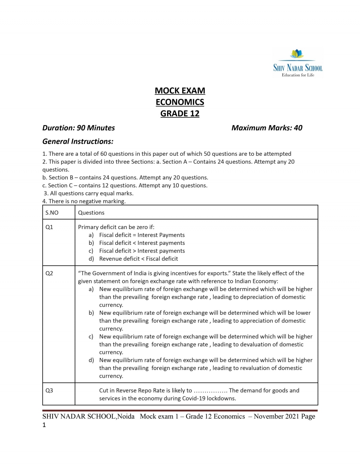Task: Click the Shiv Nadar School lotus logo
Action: pyautogui.click(x=297, y=54)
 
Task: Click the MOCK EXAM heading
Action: pyautogui.click(x=180, y=91)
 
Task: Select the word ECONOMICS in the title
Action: pyautogui.click(x=180, y=102)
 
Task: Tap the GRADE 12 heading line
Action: pyautogui.click(x=180, y=113)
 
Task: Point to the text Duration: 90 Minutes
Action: pyautogui.click(x=79, y=128)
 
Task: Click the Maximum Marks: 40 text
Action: pyautogui.click(x=267, y=128)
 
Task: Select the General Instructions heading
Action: pyautogui.click(x=78, y=141)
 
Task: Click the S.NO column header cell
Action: pyautogui.click(x=52, y=212)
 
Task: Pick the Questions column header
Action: pyautogui.click(x=91, y=212)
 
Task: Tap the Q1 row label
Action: pyautogui.click(x=49, y=227)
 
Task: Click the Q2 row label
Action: pyautogui.click(x=49, y=273)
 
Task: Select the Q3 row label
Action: pyautogui.click(x=49, y=390)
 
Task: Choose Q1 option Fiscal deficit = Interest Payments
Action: pyautogui.click(x=142, y=235)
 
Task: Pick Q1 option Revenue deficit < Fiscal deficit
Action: pyautogui.click(x=139, y=259)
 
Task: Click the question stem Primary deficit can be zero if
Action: pyautogui.click(x=116, y=227)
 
